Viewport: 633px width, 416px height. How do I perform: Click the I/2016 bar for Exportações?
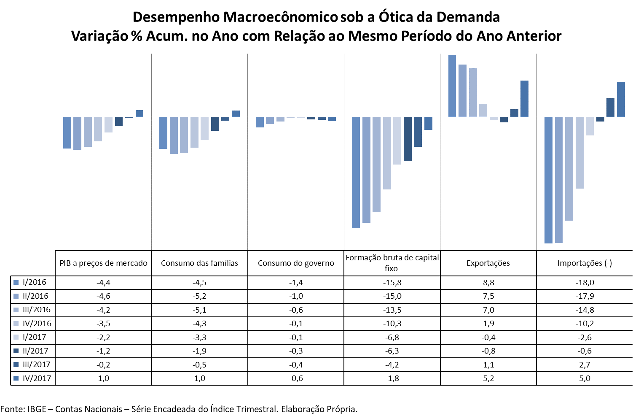(452, 86)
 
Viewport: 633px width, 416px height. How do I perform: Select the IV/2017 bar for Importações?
(621, 99)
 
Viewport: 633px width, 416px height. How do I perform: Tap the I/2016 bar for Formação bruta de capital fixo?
(356, 172)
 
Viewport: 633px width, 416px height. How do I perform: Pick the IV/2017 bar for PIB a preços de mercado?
(139, 113)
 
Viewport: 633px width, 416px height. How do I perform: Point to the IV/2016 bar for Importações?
(579, 152)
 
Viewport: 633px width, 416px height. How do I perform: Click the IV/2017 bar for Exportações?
(524, 99)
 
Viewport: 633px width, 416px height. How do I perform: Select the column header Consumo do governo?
(296, 263)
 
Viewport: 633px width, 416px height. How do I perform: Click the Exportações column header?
(488, 263)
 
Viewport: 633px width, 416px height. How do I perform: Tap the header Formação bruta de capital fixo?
(392, 263)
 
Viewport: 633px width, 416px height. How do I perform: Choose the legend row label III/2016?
(37, 310)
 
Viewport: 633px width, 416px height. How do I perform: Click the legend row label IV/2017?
(37, 378)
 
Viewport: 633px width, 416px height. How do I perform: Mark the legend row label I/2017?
(35, 337)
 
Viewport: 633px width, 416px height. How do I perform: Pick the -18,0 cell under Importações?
(585, 283)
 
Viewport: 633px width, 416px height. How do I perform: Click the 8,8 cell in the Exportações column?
(488, 283)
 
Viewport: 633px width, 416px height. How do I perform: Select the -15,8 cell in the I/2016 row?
(392, 283)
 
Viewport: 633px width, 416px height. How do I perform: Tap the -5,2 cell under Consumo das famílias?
(199, 296)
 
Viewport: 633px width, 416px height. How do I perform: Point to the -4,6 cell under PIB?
(103, 296)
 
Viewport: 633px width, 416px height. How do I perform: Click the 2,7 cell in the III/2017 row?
(585, 365)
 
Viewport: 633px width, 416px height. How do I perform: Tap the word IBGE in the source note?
(37, 409)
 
